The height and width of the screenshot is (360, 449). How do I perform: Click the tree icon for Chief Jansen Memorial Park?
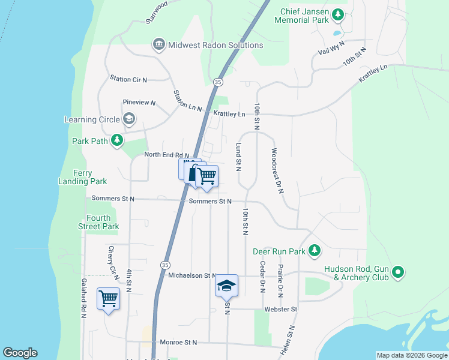tap(338, 14)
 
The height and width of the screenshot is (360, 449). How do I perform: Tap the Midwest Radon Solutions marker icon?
tap(159, 44)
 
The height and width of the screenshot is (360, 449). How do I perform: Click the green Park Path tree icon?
tap(117, 141)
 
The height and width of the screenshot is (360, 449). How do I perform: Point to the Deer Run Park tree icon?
tap(313, 251)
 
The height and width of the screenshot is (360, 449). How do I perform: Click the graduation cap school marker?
tap(227, 286)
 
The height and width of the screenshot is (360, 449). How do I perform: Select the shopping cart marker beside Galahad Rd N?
tap(108, 298)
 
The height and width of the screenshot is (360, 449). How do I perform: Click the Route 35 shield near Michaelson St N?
tap(164, 264)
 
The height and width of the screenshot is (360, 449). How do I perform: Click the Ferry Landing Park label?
tap(82, 177)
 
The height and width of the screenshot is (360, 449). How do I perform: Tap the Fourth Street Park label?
tap(98, 222)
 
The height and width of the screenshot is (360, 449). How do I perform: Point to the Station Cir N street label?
tap(128, 79)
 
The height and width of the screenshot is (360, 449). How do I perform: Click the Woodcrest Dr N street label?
tap(277, 171)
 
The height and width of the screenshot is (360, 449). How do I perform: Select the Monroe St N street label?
tap(174, 343)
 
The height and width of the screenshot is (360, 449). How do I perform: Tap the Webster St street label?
tap(281, 309)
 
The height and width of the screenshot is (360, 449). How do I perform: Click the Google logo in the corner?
tap(20, 353)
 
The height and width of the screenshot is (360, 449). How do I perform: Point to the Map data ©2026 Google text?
tap(411, 355)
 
